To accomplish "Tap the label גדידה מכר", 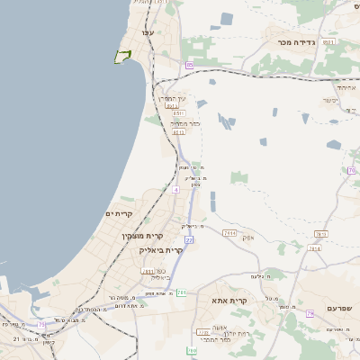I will (292, 29).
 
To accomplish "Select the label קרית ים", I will (119, 213).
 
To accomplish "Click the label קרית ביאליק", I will (161, 249).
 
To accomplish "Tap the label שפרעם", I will (340, 308).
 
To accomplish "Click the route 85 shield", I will (189, 65).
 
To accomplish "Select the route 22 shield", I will (189, 240).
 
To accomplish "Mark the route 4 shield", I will (176, 190).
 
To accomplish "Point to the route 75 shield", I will (41, 324).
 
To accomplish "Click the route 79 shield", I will (310, 313).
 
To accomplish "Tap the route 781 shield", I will (321, 234).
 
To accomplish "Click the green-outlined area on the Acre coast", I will (122, 57).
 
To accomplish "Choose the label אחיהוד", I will (346, 87).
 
